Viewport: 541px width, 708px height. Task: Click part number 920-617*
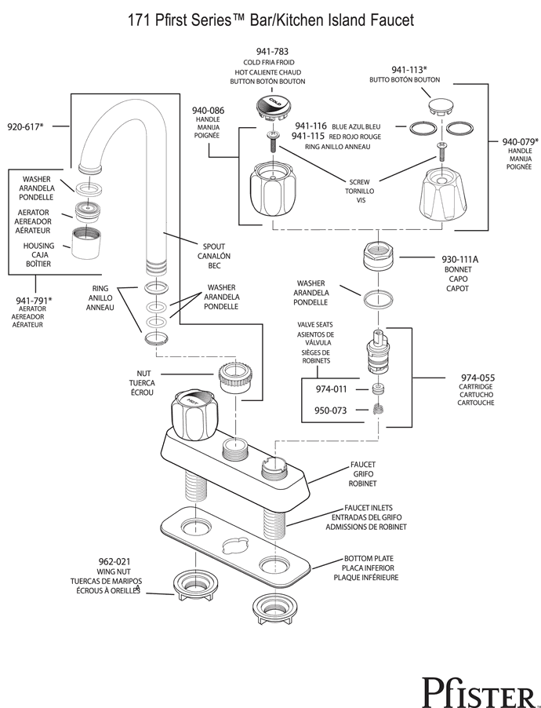(25, 127)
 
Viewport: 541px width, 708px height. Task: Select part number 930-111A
(459, 260)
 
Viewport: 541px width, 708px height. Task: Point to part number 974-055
(477, 378)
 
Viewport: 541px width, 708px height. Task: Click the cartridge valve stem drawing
(377, 352)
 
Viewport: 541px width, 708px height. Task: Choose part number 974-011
(331, 389)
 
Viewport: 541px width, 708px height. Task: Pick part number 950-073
(331, 411)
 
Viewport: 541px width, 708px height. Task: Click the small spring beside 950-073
(378, 409)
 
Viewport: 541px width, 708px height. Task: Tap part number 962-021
(114, 562)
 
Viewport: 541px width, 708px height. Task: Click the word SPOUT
(214, 246)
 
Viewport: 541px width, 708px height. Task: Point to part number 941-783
(272, 52)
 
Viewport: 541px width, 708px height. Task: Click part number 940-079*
(521, 142)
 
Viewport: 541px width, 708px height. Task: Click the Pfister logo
(479, 692)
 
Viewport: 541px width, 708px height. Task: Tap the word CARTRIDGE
(476, 387)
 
